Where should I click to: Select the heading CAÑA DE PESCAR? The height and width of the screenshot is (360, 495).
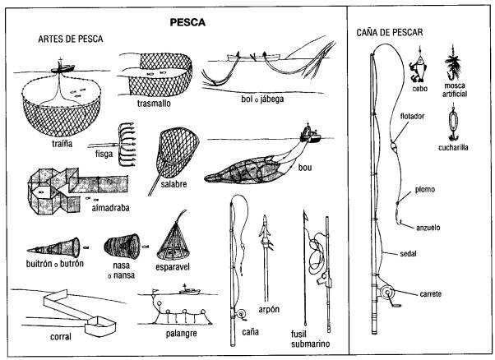[391, 35]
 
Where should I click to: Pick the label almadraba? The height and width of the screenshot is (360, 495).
[109, 210]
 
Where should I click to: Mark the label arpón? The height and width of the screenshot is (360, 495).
[269, 308]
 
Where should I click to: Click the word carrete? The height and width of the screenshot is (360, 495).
[435, 293]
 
